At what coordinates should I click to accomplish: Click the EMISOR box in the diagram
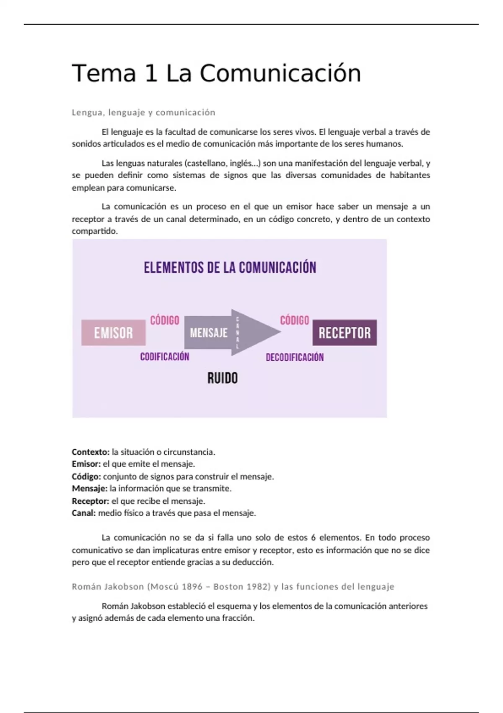pyautogui.click(x=113, y=333)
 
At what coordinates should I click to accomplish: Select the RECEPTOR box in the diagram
pyautogui.click(x=345, y=333)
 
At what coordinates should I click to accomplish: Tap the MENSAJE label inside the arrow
pyautogui.click(x=209, y=333)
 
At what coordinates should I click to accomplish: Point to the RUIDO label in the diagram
pyautogui.click(x=223, y=378)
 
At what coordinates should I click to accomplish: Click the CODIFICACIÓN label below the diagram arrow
pyautogui.click(x=165, y=356)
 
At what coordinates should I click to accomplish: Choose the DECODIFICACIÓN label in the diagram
pyautogui.click(x=295, y=357)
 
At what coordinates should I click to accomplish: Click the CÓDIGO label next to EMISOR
pyautogui.click(x=165, y=320)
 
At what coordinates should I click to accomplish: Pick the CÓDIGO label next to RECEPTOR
pyautogui.click(x=295, y=320)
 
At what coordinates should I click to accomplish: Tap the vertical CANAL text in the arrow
pyautogui.click(x=238, y=333)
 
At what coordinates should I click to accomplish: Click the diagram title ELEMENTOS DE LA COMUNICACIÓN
pyautogui.click(x=230, y=268)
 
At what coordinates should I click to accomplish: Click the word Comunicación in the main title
pyautogui.click(x=280, y=73)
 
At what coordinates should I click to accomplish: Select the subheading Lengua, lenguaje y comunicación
pyautogui.click(x=143, y=112)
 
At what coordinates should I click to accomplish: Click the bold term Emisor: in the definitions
pyautogui.click(x=86, y=464)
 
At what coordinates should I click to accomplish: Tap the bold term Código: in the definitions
pyautogui.click(x=86, y=476)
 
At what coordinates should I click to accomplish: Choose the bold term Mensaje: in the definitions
pyautogui.click(x=90, y=489)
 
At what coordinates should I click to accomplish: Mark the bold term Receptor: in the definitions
pyautogui.click(x=91, y=501)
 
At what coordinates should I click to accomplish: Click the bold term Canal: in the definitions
pyautogui.click(x=84, y=513)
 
